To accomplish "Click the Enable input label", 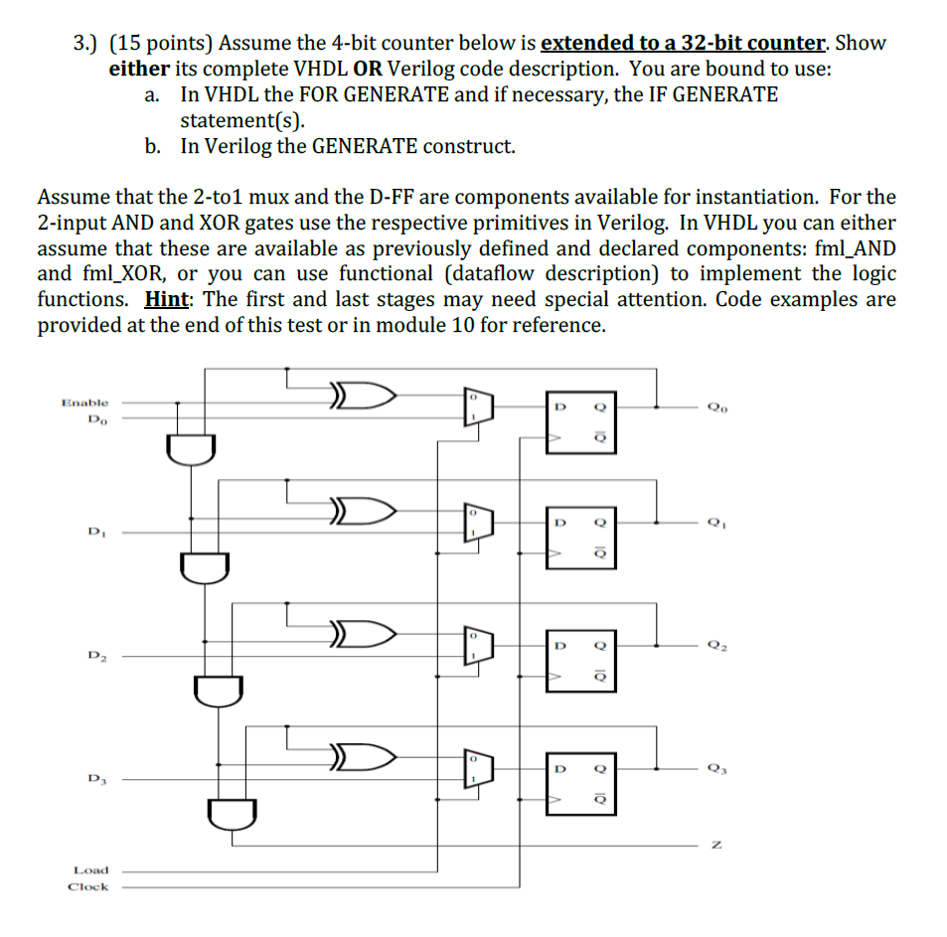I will pyautogui.click(x=84, y=402).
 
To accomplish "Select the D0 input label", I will pyautogui.click(x=94, y=419).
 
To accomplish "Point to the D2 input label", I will pyautogui.click(x=94, y=656).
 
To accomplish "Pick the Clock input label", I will pyautogui.click(x=88, y=886).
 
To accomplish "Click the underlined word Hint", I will pyautogui.click(x=167, y=300).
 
